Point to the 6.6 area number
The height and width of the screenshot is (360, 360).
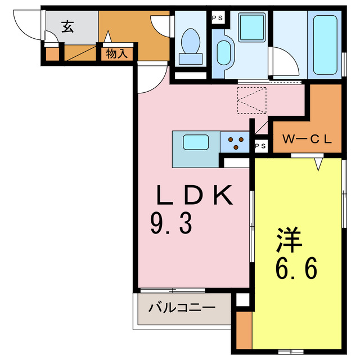coord(296,269)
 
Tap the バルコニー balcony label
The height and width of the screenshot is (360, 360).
coord(182,308)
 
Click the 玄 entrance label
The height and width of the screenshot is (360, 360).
coord(67,26)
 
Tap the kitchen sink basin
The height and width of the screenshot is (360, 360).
coord(195,142)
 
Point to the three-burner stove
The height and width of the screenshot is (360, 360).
coord(235,142)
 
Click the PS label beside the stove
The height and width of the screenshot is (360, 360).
coord(260,146)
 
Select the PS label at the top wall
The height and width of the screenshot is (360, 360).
coord(217,17)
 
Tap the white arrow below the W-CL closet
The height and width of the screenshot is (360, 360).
coord(319,164)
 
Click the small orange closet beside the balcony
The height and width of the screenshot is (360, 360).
coord(243,330)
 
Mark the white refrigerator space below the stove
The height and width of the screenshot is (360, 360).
coord(236,162)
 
